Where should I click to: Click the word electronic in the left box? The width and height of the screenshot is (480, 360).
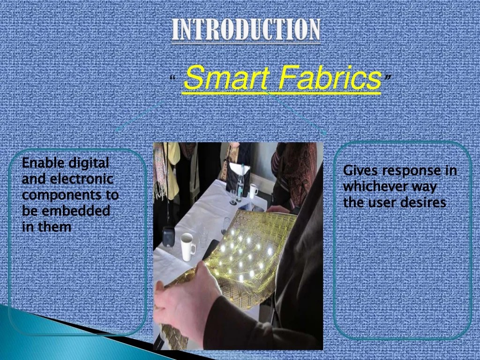pos(81,179)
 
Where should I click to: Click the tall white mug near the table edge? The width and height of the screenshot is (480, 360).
pos(188,246)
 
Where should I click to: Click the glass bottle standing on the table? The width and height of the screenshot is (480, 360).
pos(242,181)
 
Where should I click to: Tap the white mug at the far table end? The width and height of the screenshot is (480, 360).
pos(254,190)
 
